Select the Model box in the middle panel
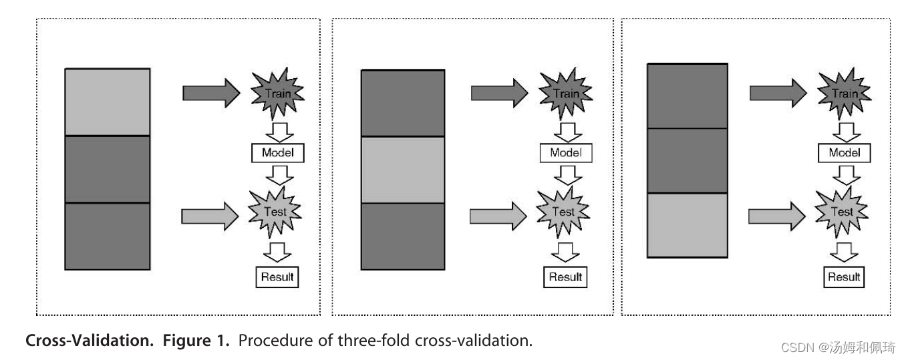coord(566,153)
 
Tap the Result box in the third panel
coord(844,277)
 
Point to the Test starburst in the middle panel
coord(565,212)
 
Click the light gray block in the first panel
coord(107,102)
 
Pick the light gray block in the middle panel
coord(403,170)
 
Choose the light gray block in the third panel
coord(687,225)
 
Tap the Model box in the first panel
coord(278,153)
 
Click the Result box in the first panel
coord(277,277)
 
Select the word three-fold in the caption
coord(375,341)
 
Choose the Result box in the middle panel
coord(566,277)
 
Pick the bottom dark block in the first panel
coord(107,236)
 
